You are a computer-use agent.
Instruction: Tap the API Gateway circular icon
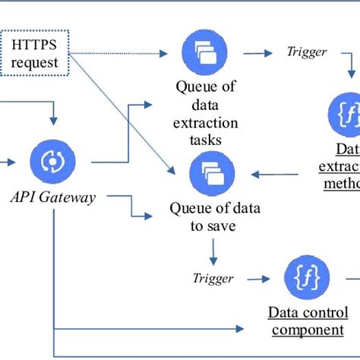[53, 162]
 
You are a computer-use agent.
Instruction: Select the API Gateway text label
[53, 197]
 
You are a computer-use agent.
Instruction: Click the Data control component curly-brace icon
[306, 279]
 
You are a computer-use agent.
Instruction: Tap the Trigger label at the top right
[306, 52]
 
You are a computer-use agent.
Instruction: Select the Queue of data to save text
[204, 216]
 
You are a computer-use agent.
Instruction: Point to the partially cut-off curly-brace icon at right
[346, 114]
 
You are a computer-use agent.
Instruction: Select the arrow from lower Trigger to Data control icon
[258, 279]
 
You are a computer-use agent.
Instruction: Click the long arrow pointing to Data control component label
[152, 330]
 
